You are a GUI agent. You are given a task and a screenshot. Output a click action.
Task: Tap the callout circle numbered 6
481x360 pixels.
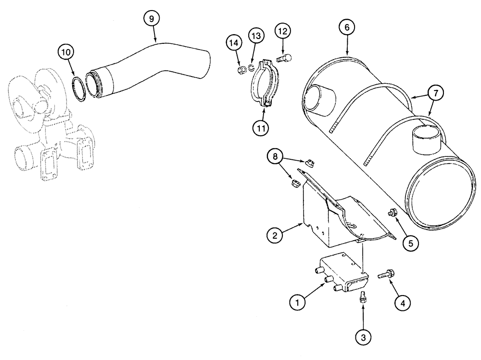pos(347,27)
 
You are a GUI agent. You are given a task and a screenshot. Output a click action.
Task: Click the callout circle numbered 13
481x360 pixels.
pos(255,36)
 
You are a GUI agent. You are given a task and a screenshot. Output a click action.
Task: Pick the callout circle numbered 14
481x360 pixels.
pos(234,44)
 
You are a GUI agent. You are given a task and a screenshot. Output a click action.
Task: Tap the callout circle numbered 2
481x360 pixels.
pos(275,236)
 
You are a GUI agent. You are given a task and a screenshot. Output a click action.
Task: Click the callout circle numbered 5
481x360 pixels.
pos(411,244)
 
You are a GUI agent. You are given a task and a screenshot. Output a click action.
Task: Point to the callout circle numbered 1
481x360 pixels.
pos(298,303)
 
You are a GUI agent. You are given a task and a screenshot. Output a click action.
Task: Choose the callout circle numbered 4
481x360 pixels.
pos(403,303)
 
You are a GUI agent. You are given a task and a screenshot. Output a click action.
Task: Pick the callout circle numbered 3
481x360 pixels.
pos(364,336)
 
